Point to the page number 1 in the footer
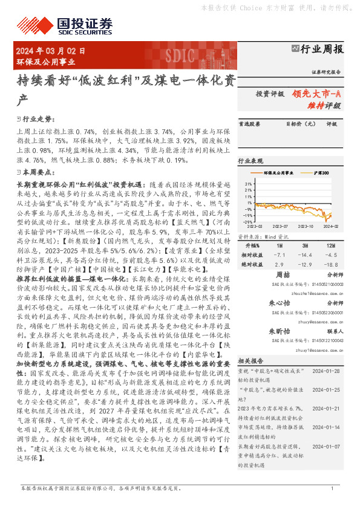332,488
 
